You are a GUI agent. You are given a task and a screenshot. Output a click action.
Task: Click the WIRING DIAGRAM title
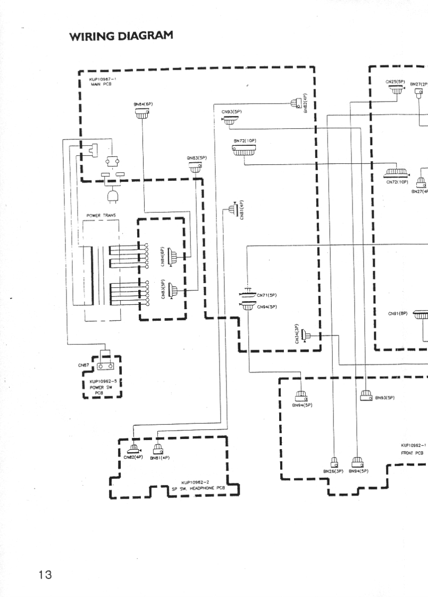[x=121, y=36]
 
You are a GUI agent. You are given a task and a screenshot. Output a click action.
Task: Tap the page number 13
[x=45, y=575]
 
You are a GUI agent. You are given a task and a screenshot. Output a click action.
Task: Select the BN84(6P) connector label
[x=143, y=104]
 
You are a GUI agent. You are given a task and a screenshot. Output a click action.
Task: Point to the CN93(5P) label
[x=229, y=112]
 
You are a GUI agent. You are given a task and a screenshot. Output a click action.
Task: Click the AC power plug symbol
[x=113, y=197]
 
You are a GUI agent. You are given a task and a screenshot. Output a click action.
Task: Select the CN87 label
[x=82, y=366]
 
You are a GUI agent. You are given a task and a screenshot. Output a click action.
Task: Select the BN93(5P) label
[x=384, y=397]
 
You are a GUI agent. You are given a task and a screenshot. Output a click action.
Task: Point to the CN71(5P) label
[x=266, y=295]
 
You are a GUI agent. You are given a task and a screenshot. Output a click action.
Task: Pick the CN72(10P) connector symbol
[x=396, y=172]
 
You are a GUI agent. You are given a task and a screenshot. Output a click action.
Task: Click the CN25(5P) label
[x=395, y=82]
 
